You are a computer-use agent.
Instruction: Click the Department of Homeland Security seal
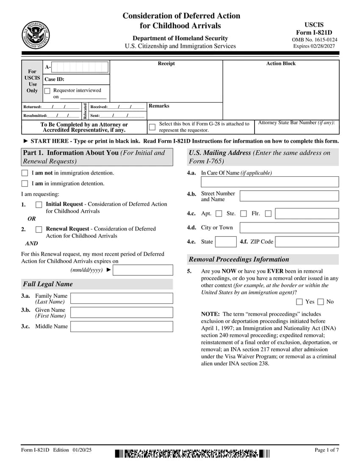pos(36,35)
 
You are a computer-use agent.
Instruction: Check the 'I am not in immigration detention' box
pos(25,173)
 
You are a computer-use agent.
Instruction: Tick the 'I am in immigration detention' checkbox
pos(25,183)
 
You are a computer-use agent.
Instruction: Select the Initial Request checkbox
pos(39,205)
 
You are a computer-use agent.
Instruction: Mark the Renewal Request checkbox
pos(39,229)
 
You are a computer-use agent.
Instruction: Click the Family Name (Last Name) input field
pos(122,298)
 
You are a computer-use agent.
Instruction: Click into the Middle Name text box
pos(122,326)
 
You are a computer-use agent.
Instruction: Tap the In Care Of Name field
pos(270,182)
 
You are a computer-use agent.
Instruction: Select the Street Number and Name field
pos(289,196)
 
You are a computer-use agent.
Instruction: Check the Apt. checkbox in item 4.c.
pos(219,214)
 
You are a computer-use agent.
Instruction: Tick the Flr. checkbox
pos(268,214)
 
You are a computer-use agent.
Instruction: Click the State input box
pos(226,242)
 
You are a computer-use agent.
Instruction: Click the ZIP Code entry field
pos(307,242)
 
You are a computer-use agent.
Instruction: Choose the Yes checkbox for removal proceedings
pos(299,302)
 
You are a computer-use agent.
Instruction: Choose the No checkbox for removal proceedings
pos(321,302)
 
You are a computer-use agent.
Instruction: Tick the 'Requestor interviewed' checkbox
pos(47,91)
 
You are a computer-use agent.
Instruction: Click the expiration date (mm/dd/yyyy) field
pos(143,270)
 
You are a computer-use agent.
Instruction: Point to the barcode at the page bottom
pos(192,454)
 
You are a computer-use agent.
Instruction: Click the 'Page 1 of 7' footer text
pos(327,450)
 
